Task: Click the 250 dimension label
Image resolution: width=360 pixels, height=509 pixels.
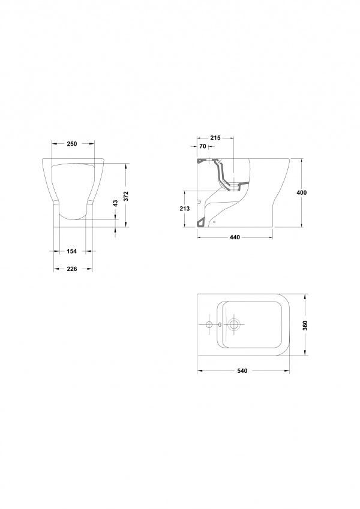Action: (x=72, y=144)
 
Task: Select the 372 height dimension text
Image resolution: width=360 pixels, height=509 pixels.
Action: (x=127, y=196)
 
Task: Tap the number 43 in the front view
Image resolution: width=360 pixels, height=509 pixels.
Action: (x=115, y=203)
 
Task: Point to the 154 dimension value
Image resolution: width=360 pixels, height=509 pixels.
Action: (x=71, y=251)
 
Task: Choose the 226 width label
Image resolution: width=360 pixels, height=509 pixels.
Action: (x=71, y=269)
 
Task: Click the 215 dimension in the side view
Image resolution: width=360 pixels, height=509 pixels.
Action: (x=215, y=138)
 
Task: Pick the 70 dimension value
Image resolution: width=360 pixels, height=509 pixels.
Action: (x=203, y=146)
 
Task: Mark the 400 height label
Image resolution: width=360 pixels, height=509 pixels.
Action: (x=302, y=192)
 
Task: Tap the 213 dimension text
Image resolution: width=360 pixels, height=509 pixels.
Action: (x=185, y=209)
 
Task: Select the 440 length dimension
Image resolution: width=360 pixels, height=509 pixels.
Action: (x=235, y=237)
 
